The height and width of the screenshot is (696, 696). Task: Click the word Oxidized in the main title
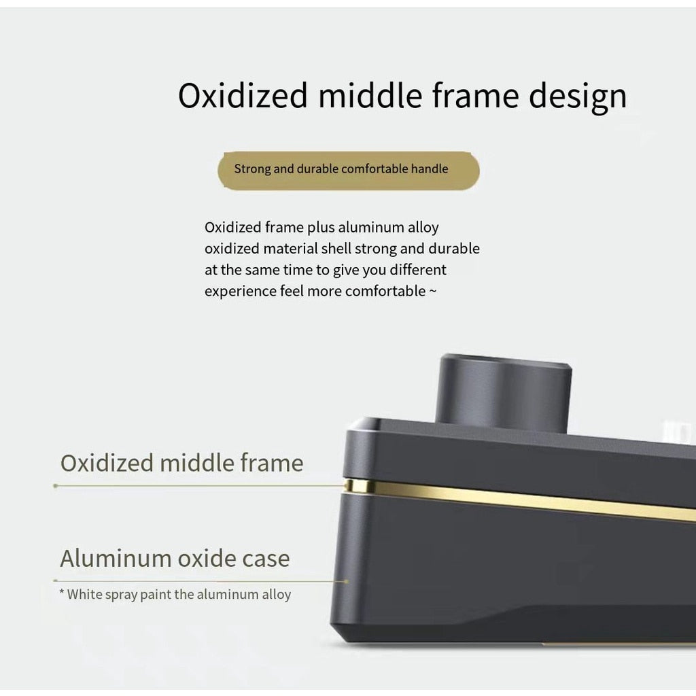coord(243,95)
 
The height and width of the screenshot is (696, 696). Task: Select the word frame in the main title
coord(475,95)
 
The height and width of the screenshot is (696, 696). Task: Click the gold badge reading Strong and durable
coord(349,171)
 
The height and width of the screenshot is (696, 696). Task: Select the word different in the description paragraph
coord(418,270)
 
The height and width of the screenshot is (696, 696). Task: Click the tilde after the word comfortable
coord(433,292)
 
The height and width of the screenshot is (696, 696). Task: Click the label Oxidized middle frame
coord(182,463)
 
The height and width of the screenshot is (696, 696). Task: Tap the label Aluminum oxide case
coord(175,559)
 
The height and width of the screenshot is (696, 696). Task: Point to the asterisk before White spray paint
coord(62,592)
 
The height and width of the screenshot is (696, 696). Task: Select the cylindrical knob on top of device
coord(504,391)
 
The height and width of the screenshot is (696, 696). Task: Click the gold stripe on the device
coord(519,500)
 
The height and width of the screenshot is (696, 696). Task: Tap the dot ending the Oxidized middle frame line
coord(56,486)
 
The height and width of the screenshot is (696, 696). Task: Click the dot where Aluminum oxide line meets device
coord(346,581)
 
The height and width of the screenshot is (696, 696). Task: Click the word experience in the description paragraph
coord(240,292)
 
